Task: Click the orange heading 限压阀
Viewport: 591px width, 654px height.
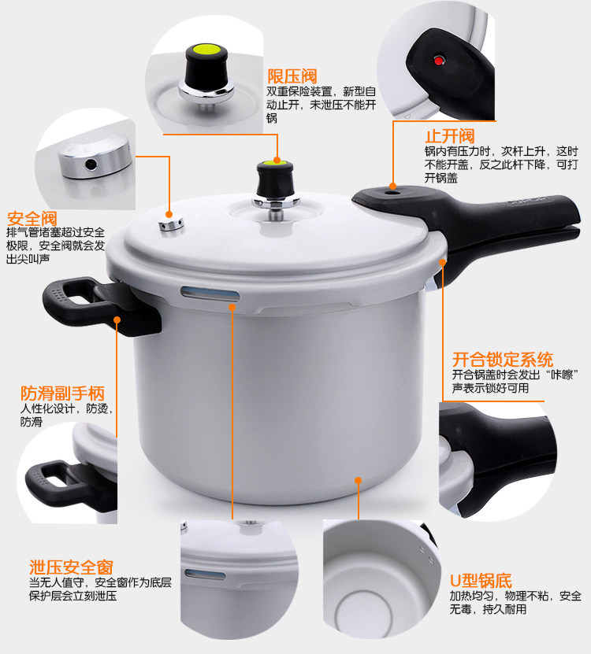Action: (292, 76)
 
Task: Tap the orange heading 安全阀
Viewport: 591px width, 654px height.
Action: (32, 219)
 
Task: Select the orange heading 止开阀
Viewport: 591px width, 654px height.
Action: (450, 136)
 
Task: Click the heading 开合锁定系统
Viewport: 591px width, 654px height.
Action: (503, 360)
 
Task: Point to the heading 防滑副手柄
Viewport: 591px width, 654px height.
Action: (62, 394)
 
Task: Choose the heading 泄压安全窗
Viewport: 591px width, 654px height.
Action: (71, 567)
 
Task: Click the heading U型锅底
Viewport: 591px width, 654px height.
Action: (481, 581)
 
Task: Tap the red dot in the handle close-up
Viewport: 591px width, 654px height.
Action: (438, 61)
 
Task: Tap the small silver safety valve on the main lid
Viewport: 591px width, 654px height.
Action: (171, 225)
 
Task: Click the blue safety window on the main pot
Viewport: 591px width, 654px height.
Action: (210, 293)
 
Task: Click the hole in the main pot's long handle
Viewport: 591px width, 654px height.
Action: (392, 193)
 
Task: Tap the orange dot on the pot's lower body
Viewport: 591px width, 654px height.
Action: (358, 481)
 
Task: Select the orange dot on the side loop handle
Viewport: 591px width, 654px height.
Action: (117, 320)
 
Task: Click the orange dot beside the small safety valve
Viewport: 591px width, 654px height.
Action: (169, 214)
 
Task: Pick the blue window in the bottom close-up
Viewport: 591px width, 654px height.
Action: (205, 575)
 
